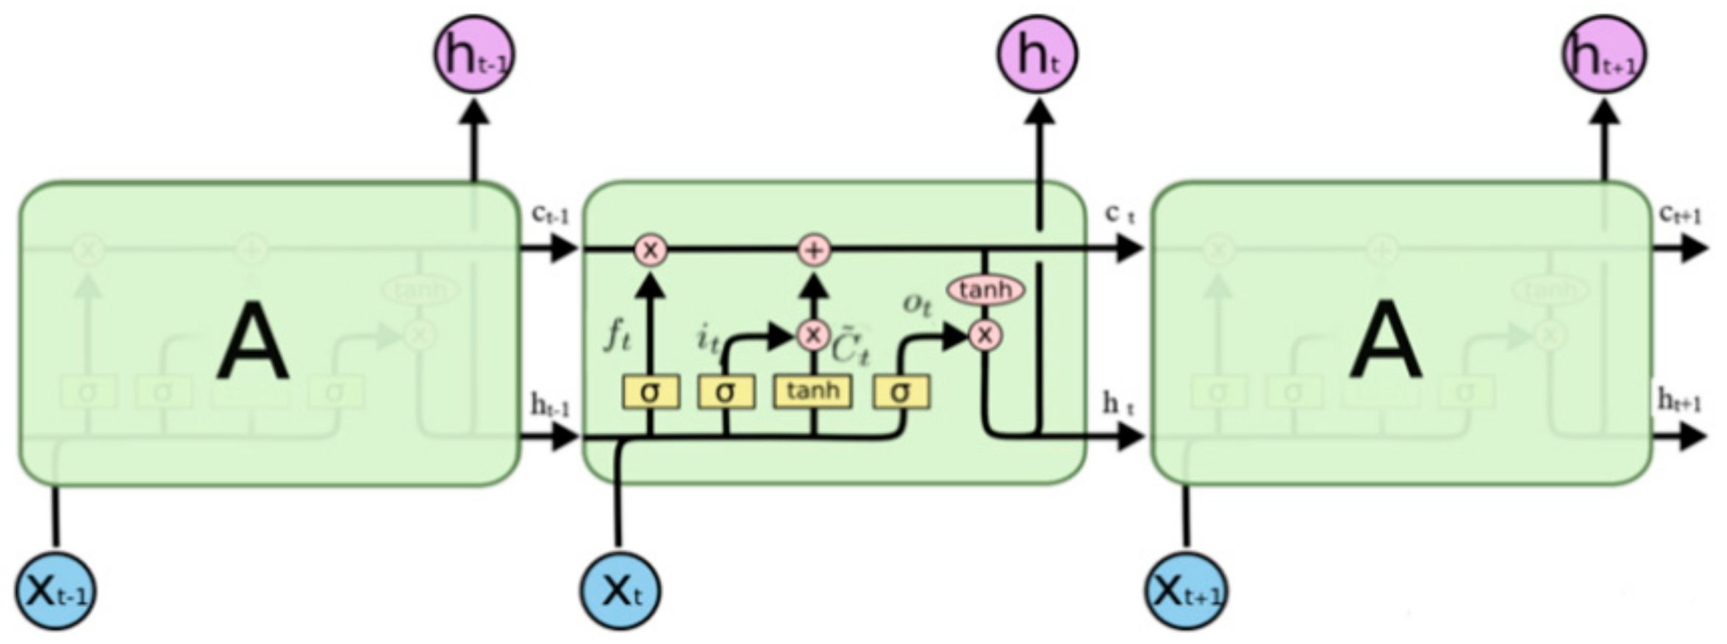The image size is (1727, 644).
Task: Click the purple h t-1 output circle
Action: (x=474, y=55)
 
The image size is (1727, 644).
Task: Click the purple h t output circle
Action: (x=1037, y=55)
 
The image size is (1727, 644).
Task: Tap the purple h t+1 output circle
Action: (x=1603, y=55)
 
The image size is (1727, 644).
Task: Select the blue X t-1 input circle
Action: (x=56, y=590)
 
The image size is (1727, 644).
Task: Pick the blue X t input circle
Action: (x=621, y=590)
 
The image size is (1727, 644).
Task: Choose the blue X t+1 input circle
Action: (x=1186, y=590)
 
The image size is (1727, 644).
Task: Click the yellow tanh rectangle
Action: (x=812, y=392)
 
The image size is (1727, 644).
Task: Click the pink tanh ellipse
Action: (x=985, y=290)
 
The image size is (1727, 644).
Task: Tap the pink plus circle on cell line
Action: (x=814, y=251)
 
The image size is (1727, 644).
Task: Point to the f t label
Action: (x=618, y=336)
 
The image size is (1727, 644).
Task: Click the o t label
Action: (x=917, y=303)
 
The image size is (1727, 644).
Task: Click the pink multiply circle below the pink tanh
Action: (x=985, y=335)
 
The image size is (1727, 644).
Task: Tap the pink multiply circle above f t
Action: (x=650, y=251)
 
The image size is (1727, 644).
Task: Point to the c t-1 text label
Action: (x=550, y=214)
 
